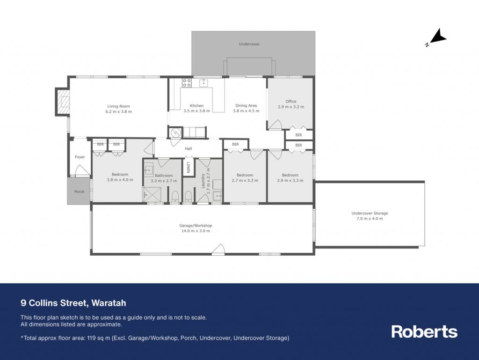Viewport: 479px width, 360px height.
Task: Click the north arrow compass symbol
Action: [x=437, y=37]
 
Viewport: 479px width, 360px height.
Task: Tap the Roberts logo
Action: [x=424, y=331]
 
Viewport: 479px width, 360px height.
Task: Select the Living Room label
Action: [x=118, y=106]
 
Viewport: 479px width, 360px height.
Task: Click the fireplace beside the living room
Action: [x=63, y=102]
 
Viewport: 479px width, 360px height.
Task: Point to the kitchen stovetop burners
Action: [x=187, y=83]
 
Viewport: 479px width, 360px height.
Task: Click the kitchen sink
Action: [x=204, y=82]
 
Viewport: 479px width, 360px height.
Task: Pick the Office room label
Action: [x=291, y=102]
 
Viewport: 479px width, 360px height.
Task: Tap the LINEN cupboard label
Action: [x=189, y=167]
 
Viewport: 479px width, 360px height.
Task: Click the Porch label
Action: [x=79, y=191]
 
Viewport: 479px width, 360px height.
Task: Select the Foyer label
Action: [x=80, y=157]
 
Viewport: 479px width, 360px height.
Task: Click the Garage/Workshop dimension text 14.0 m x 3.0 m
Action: [x=196, y=231]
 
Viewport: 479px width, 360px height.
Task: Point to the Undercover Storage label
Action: [x=370, y=213]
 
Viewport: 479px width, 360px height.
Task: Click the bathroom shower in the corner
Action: [x=152, y=194]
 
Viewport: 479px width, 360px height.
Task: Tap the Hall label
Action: [x=188, y=148]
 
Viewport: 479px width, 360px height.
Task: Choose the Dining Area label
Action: [x=246, y=106]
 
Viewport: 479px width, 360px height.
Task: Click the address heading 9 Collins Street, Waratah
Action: [x=73, y=303]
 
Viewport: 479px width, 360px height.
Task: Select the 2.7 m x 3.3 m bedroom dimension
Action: [x=245, y=181]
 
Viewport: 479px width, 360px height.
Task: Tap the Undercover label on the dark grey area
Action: [x=249, y=44]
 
